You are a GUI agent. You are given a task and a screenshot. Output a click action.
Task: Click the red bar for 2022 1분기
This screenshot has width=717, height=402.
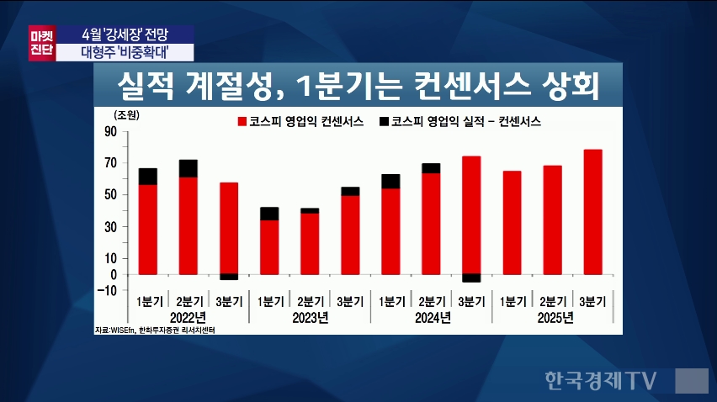[x=147, y=229]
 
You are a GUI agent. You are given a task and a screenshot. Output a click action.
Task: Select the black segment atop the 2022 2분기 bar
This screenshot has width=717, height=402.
[x=188, y=168]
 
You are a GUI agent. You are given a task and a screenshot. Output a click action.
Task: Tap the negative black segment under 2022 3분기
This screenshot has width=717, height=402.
[x=228, y=277]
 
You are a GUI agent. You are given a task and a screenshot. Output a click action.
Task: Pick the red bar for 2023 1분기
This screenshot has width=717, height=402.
[x=269, y=246]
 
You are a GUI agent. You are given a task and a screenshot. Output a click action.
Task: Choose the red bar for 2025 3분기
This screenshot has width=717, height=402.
[x=592, y=211]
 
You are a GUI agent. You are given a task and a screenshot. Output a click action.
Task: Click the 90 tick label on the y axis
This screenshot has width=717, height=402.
[x=109, y=132]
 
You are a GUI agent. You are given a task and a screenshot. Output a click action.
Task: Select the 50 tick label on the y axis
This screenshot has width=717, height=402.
[x=109, y=195]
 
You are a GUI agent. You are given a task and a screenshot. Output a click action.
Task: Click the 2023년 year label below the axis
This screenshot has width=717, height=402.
[x=309, y=317]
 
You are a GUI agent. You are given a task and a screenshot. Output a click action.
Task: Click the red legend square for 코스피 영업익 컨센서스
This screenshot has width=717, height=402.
[x=243, y=121]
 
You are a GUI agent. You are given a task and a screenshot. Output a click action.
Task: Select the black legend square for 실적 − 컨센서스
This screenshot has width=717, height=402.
[x=384, y=121]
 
